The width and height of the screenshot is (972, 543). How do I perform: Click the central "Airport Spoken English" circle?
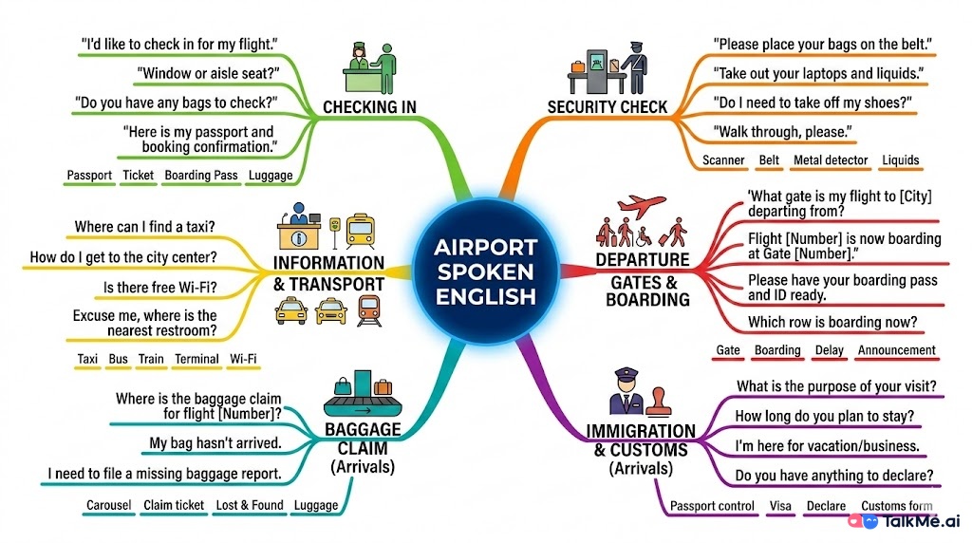point(485,271)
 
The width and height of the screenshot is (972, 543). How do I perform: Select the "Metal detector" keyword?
point(831,160)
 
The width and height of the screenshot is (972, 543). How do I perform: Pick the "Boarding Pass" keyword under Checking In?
point(200,176)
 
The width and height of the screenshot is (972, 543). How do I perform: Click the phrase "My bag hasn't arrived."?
point(215,442)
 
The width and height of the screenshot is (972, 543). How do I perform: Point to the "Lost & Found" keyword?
point(250,505)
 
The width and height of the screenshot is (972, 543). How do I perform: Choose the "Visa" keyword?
point(780,506)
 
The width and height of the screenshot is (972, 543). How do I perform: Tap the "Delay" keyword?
point(829,350)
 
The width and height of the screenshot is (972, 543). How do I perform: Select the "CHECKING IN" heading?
point(369,107)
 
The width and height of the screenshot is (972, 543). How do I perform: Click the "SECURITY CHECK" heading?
point(607,107)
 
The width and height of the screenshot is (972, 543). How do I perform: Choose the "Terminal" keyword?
point(196,360)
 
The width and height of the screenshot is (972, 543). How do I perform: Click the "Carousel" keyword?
point(108,505)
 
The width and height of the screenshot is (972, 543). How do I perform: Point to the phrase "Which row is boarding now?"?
point(832,323)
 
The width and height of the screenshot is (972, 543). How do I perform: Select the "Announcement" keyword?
point(896,350)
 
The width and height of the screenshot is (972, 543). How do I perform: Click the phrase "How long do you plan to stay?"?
point(825,416)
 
